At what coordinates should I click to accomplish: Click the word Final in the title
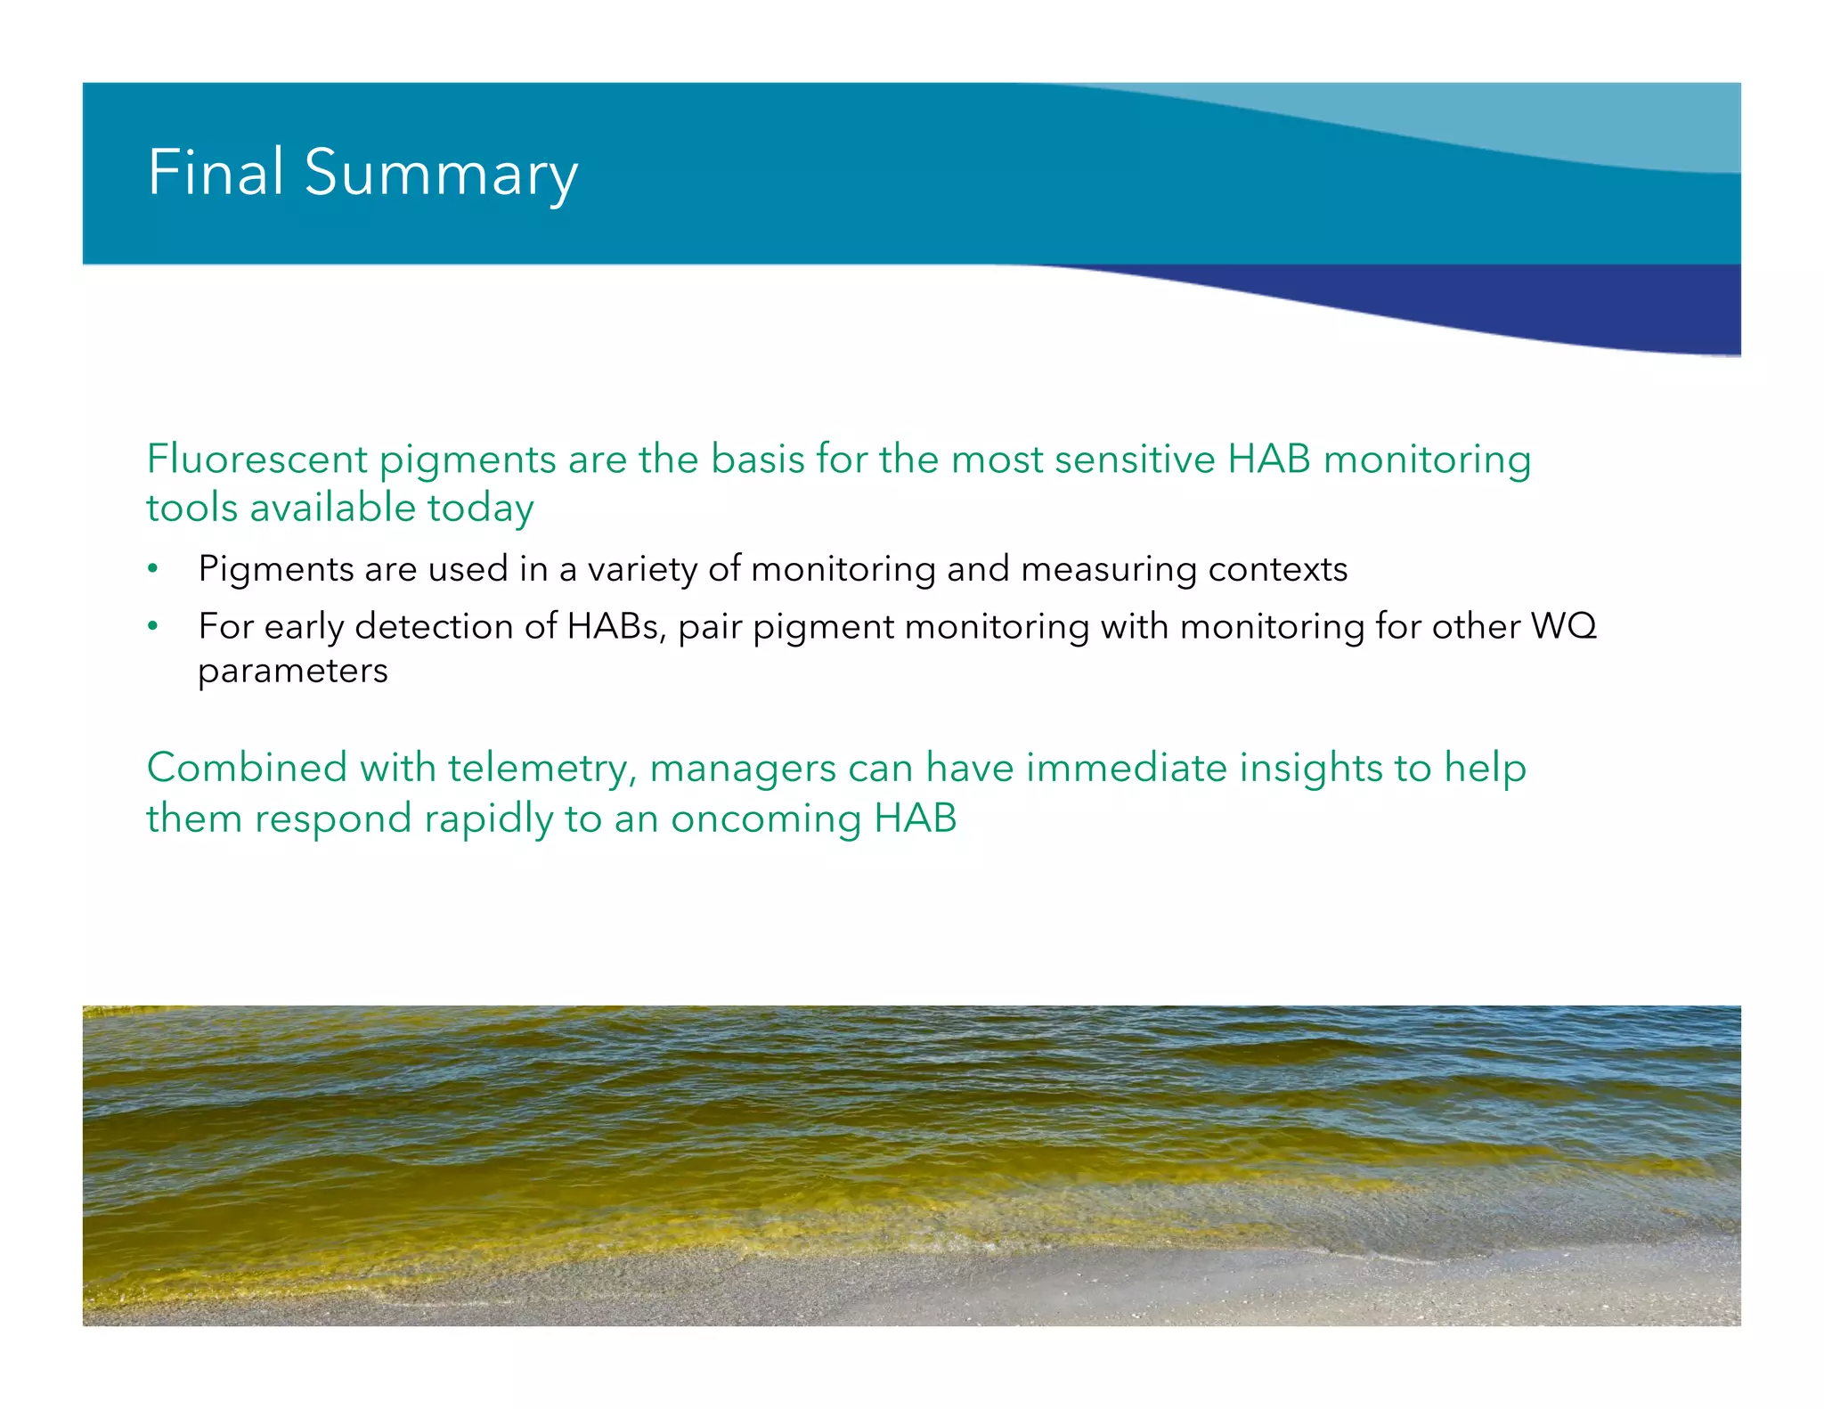(215, 172)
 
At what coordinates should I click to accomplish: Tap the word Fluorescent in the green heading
(256, 460)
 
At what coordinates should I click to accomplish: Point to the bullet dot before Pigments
(153, 569)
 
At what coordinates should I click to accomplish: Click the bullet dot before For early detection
(153, 627)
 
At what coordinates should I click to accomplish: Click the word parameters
(293, 672)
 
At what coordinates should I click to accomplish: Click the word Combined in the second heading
(247, 768)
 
